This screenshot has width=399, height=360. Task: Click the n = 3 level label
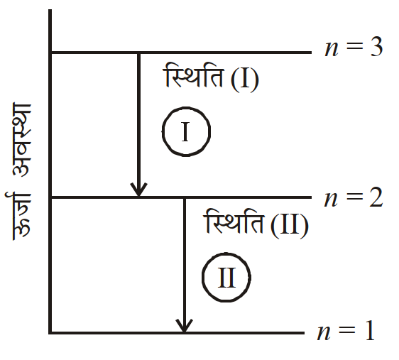click(354, 47)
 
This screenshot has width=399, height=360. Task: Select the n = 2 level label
click(353, 197)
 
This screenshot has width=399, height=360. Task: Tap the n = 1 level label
click(346, 331)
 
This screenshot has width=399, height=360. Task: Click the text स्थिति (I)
click(211, 77)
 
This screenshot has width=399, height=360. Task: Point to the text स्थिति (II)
click(256, 224)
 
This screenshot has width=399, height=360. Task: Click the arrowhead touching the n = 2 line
click(138, 190)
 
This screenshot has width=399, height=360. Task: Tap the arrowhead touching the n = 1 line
click(184, 326)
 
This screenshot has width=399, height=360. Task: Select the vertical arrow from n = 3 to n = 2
click(138, 125)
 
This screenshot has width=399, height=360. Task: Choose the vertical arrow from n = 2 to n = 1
click(184, 265)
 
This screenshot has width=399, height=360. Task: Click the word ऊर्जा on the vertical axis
click(18, 217)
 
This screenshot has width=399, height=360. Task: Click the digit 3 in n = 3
click(376, 47)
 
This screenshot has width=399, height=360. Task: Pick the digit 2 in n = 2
click(376, 197)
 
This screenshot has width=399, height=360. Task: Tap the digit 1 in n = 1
click(369, 331)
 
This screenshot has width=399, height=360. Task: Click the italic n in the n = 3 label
click(332, 50)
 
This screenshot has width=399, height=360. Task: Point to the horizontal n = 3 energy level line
click(181, 53)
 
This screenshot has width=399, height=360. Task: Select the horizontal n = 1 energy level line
click(177, 332)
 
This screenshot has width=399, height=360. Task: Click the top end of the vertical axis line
click(50, 10)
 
